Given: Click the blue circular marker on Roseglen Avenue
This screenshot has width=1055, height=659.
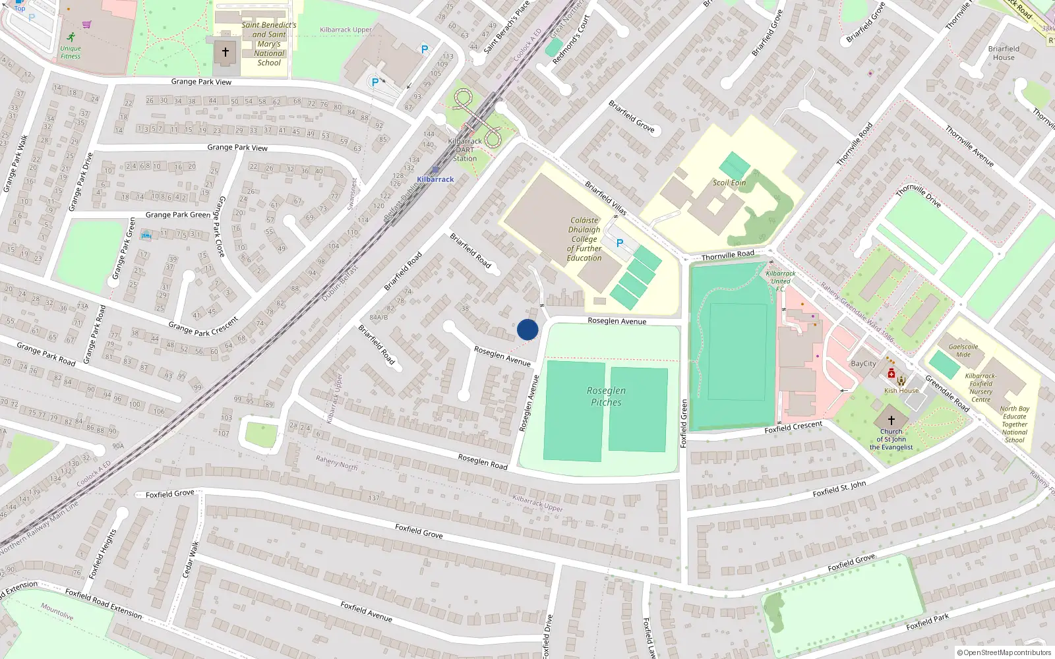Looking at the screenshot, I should click(527, 329).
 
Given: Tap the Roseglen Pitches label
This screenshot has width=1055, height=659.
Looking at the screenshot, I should click(606, 396).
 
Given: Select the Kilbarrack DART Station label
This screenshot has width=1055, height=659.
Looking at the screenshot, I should click(465, 150).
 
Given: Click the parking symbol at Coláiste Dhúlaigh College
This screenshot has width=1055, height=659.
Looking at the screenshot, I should click(620, 243).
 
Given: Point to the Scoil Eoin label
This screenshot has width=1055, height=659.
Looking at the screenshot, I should click(729, 183).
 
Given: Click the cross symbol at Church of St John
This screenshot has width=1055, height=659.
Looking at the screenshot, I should click(891, 420).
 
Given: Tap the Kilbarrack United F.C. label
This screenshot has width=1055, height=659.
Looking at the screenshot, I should click(781, 281).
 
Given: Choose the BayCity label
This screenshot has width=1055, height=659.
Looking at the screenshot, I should click(864, 364).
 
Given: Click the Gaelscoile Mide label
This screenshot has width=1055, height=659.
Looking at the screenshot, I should click(963, 351).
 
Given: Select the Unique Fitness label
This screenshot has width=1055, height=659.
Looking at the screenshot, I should click(71, 52).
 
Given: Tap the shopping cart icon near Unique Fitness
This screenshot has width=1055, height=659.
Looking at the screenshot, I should click(87, 24).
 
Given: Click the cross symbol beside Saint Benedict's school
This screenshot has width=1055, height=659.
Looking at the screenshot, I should click(226, 51).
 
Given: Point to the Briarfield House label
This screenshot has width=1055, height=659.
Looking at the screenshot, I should click(1004, 53).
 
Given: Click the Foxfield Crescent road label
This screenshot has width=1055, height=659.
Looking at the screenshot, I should click(793, 427).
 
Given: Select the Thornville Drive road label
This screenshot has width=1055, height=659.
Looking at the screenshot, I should click(918, 195).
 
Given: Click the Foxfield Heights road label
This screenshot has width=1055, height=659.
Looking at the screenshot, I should click(103, 554).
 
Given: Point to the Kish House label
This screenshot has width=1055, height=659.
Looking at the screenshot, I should click(901, 391).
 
